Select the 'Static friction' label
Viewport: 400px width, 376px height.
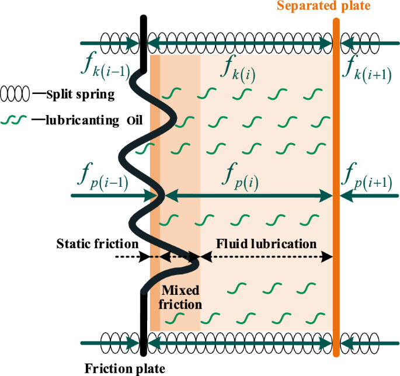[98, 243]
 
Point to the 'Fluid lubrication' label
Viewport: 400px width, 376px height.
[266, 243]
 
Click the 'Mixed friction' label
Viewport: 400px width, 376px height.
[181, 297]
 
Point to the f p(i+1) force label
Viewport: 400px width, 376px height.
[370, 177]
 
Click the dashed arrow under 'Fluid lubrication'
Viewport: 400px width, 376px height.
[266, 256]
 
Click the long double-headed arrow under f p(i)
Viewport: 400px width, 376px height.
[245, 197]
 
